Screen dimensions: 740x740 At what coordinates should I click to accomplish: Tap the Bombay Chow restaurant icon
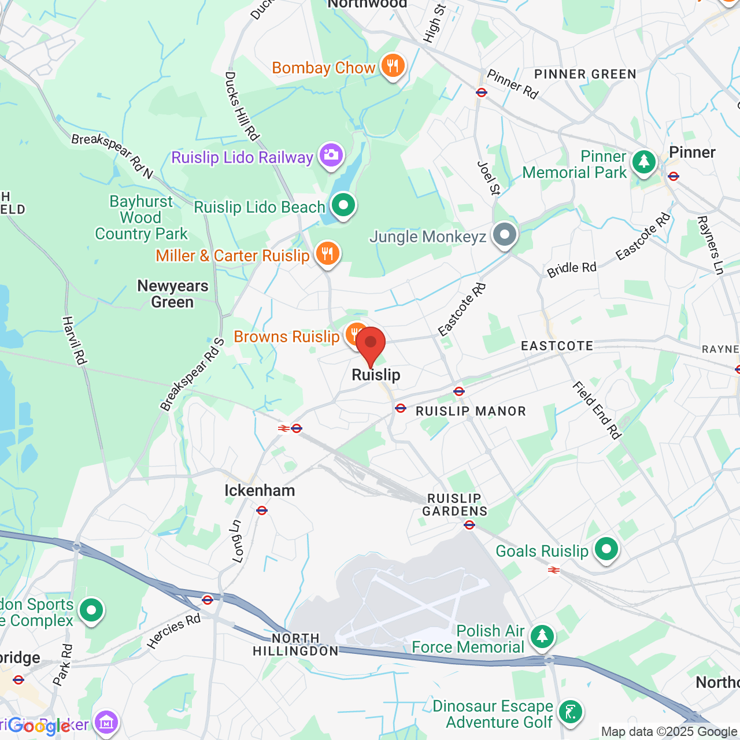click(x=393, y=66)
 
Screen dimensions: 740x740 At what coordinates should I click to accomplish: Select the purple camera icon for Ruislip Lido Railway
click(x=331, y=156)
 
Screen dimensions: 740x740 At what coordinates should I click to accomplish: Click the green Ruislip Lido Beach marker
click(x=343, y=205)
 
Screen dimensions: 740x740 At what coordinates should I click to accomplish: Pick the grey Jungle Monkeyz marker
click(x=505, y=235)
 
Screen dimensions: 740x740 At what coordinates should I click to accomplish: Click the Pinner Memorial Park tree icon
click(x=643, y=162)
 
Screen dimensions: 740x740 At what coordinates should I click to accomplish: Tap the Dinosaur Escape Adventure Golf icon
click(x=571, y=712)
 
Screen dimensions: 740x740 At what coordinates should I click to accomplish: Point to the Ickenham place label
click(x=260, y=491)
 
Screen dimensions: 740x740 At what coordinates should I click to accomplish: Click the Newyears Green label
click(x=172, y=294)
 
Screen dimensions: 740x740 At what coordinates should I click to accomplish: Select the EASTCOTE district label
click(x=557, y=346)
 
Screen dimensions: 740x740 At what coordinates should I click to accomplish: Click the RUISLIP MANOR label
click(x=471, y=412)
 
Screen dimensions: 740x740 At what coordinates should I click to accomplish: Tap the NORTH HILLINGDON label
click(x=295, y=645)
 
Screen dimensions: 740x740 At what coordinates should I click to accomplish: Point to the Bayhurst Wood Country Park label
click(x=142, y=218)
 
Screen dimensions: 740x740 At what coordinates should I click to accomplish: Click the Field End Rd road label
click(x=597, y=410)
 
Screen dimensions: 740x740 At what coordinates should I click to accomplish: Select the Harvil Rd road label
click(x=74, y=341)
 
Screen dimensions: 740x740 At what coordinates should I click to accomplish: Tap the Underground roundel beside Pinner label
click(x=673, y=176)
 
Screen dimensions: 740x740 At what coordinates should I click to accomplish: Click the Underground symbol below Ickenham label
click(x=262, y=510)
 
